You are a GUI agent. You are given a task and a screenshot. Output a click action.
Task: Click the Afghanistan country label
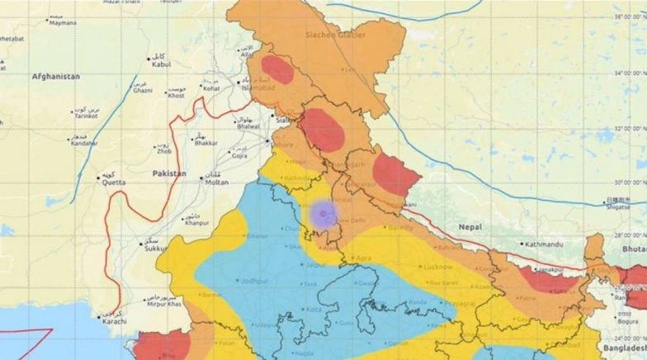pos(55,76)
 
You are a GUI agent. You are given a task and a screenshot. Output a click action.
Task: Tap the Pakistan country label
pos(169,173)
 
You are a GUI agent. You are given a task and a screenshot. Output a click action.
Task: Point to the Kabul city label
pos(161,64)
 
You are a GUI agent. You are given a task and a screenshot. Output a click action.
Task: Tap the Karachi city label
pos(111,320)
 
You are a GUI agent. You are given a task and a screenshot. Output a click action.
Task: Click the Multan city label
pos(216,182)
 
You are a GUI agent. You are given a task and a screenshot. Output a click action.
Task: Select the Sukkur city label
pos(154,247)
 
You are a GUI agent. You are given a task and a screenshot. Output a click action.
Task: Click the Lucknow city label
pos(437,267)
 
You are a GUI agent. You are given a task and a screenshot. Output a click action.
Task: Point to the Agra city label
pos(361,258)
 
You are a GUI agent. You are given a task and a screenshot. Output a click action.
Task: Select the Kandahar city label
pos(83,143)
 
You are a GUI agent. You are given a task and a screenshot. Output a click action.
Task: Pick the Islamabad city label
pos(257,85)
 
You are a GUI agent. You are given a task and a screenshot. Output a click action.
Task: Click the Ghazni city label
pos(144,91)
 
